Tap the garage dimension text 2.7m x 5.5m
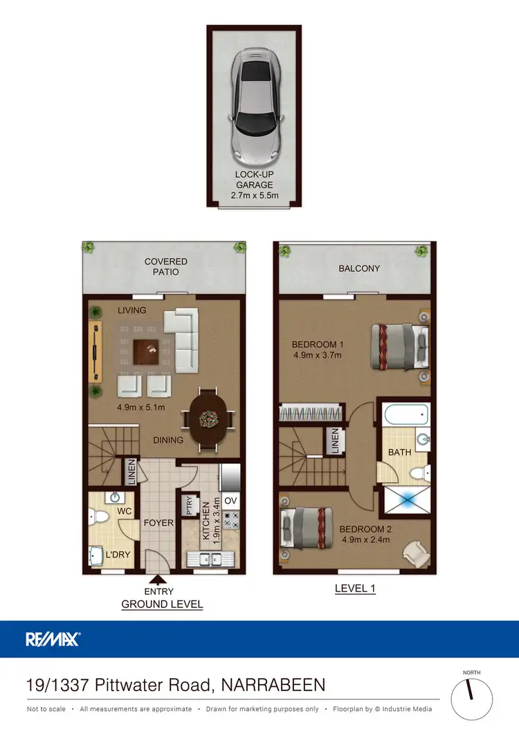pyautogui.click(x=254, y=196)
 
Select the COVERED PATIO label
pyautogui.click(x=165, y=266)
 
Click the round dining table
pyautogui.click(x=208, y=419)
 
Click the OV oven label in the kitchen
pyautogui.click(x=230, y=500)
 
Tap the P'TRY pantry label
pyautogui.click(x=187, y=506)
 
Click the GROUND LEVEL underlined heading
pyautogui.click(x=162, y=604)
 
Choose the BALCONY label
pyautogui.click(x=359, y=268)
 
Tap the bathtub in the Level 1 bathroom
pyautogui.click(x=406, y=416)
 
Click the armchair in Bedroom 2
pyautogui.click(x=417, y=551)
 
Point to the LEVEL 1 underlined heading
pyautogui.click(x=355, y=589)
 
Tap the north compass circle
pyautogui.click(x=472, y=699)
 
